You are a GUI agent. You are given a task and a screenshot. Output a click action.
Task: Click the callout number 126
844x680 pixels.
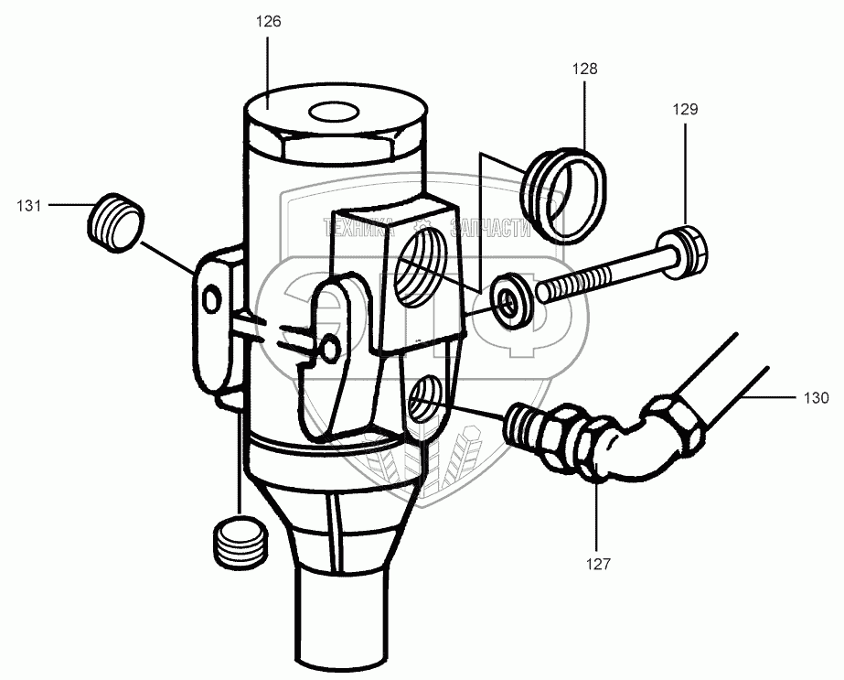coord(269,22)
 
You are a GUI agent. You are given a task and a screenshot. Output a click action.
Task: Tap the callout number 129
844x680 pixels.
coord(686,109)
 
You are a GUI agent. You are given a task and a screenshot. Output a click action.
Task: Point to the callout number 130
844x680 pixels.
coord(817,398)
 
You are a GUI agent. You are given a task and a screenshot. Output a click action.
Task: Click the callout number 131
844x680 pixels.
coord(29,206)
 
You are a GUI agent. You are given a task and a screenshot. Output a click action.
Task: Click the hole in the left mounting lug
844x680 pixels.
coord(211,299)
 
